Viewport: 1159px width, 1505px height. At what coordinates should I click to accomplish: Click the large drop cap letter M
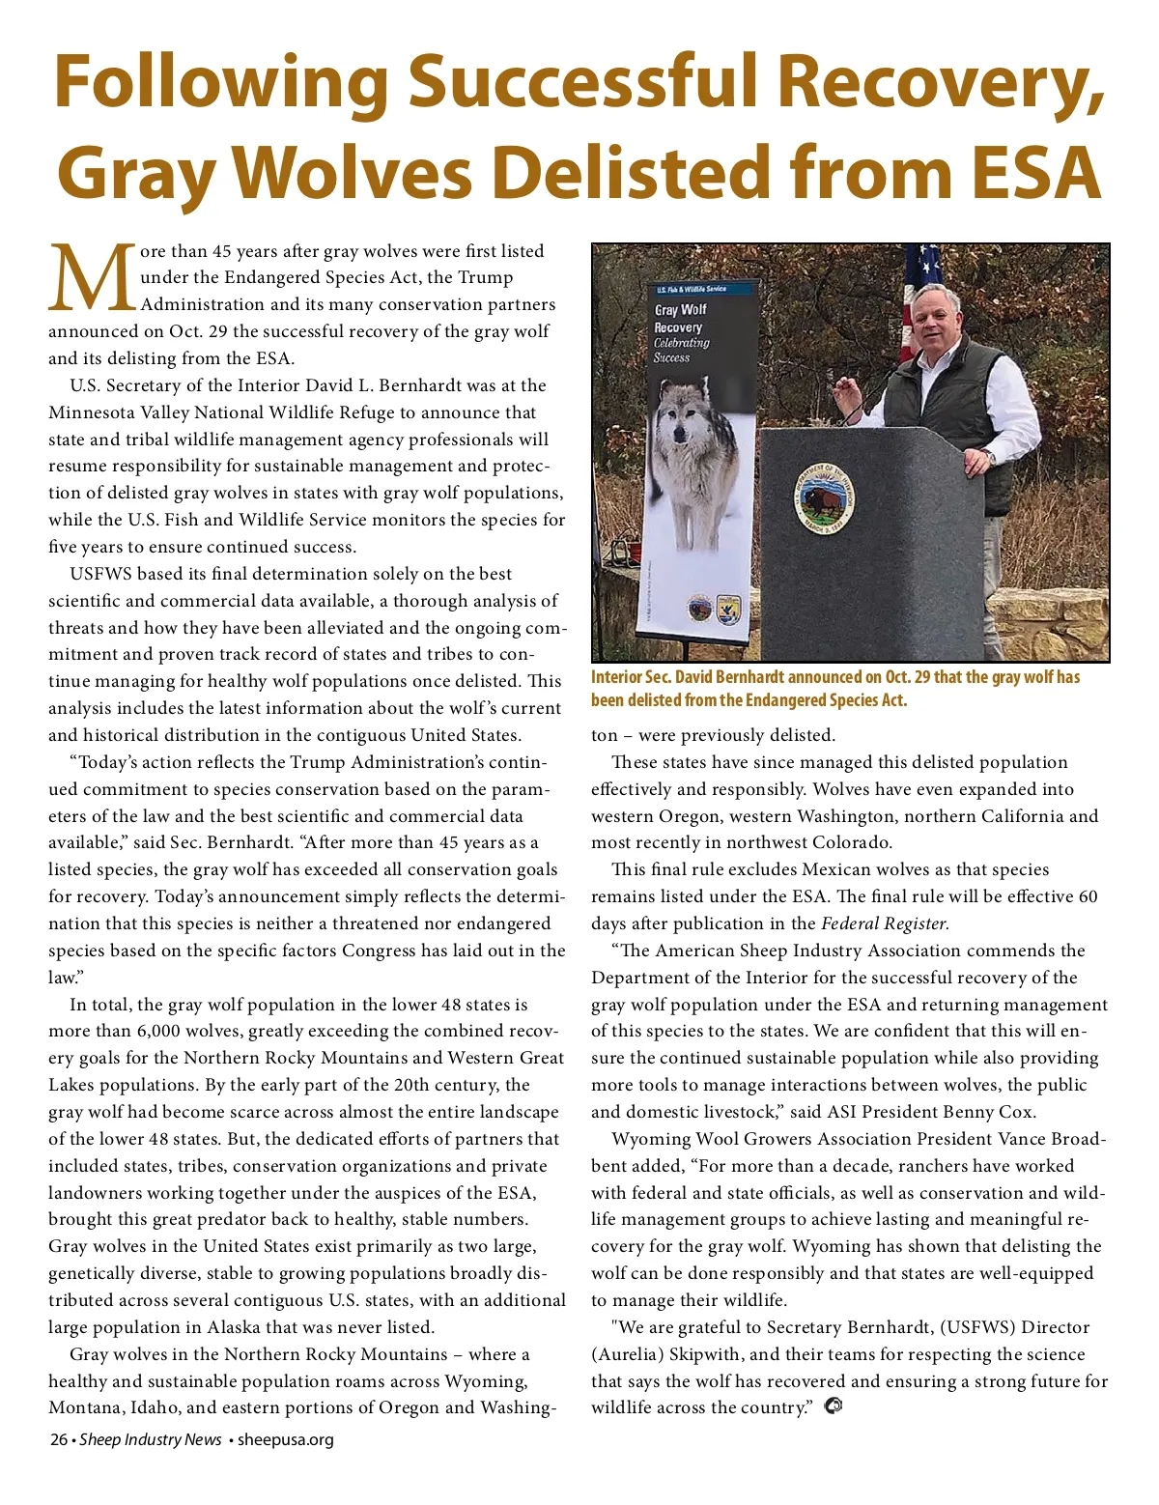[x=93, y=279]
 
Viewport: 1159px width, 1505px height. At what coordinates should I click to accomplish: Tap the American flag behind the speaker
[x=918, y=290]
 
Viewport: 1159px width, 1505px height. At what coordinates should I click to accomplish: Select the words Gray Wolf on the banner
[x=680, y=310]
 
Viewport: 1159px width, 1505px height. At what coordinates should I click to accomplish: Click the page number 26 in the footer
[x=59, y=1439]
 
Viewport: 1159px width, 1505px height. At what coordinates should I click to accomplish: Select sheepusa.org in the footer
[x=286, y=1439]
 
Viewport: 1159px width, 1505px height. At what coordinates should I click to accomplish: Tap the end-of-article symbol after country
[x=834, y=1406]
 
